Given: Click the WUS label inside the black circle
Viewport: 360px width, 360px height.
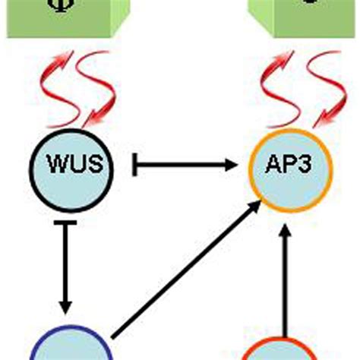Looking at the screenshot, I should tap(70, 165).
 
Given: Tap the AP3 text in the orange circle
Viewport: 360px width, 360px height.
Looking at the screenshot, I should tap(291, 165).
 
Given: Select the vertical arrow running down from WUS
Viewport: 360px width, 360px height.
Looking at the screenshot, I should tap(65, 266).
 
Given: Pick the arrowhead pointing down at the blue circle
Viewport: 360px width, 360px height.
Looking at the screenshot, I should tap(65, 305).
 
